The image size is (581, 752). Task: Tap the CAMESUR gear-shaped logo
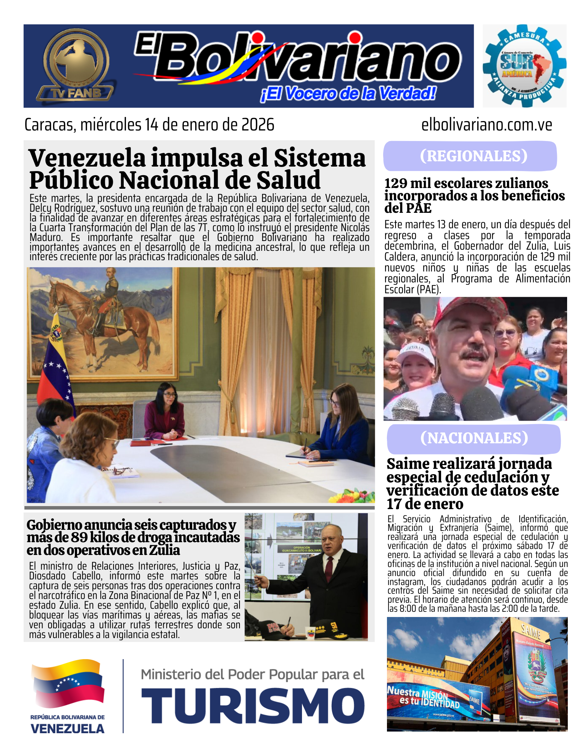(524, 66)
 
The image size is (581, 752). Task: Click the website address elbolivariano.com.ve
(486, 125)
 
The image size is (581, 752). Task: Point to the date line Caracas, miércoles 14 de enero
(149, 125)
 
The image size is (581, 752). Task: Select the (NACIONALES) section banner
(474, 438)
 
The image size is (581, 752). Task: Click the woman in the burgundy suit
(165, 414)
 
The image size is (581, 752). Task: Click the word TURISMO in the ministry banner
(253, 706)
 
